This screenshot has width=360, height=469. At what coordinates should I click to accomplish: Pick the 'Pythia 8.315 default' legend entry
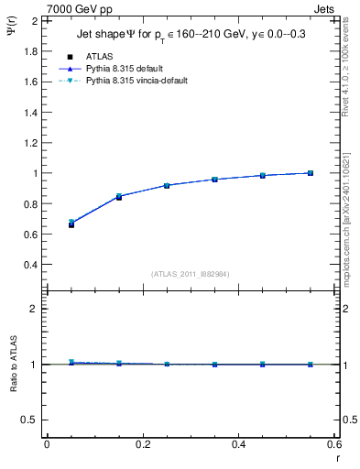(x=127, y=68)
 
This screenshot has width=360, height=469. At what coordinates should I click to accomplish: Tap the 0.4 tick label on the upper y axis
(x=29, y=265)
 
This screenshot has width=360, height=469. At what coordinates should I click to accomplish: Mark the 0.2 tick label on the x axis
(x=142, y=444)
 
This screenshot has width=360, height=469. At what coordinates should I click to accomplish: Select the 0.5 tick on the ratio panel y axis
(x=29, y=420)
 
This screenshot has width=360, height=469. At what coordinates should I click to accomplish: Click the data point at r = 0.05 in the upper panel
(x=71, y=224)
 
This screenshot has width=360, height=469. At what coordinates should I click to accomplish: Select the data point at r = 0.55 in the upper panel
(x=311, y=173)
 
